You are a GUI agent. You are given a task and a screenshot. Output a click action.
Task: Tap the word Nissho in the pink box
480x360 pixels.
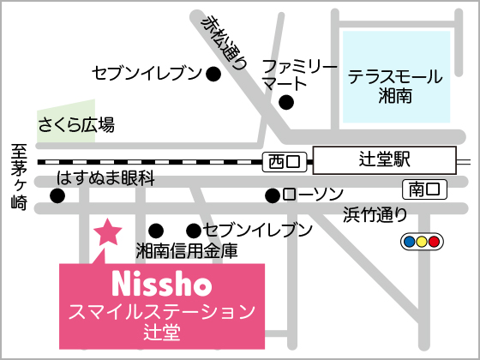(x=162, y=283)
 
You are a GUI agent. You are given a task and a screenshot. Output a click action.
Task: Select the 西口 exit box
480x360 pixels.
(x=286, y=160)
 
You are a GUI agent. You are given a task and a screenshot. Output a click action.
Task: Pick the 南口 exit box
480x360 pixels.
(x=423, y=188)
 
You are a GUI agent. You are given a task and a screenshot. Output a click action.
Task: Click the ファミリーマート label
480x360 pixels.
(x=294, y=75)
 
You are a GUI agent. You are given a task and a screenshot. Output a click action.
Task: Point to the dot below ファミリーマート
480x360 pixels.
(x=287, y=104)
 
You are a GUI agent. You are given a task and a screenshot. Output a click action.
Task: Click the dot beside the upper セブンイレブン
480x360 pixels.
(x=214, y=75)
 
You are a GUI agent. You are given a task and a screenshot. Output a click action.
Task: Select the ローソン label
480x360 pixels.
(x=313, y=195)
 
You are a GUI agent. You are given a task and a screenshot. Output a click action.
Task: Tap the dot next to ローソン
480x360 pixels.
(x=272, y=195)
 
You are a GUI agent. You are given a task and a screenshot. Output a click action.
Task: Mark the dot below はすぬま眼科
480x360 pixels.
(x=57, y=196)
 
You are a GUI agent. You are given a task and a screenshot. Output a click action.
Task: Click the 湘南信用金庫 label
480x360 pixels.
(x=187, y=251)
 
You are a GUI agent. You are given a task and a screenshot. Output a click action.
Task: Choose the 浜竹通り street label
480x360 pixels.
(x=375, y=214)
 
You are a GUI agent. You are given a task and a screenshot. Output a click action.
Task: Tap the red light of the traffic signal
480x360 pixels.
(x=434, y=243)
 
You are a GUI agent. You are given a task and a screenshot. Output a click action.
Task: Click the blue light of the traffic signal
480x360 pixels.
(x=409, y=243)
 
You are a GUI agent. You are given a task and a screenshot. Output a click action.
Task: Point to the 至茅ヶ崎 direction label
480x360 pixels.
(x=19, y=177)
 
